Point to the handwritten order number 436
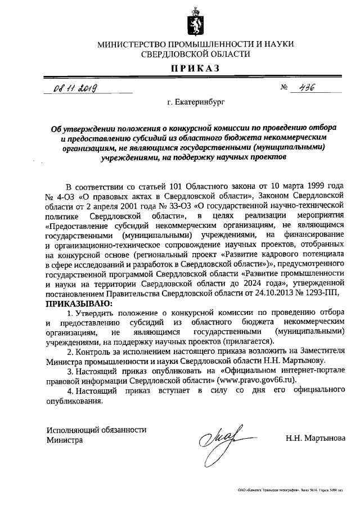click(x=306, y=87)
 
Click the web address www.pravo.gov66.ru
click(x=260, y=380)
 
